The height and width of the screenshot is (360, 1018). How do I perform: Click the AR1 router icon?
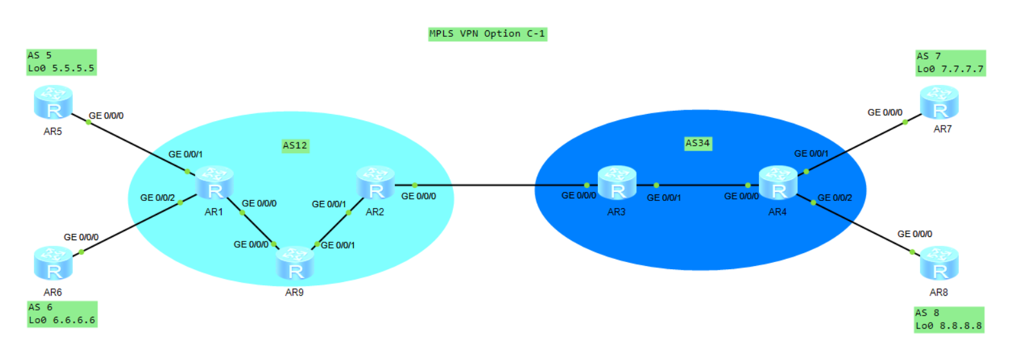215,183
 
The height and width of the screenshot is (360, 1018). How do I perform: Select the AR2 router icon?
376,183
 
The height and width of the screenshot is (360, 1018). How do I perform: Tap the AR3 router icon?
617,183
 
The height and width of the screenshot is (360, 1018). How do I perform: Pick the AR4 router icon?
778,183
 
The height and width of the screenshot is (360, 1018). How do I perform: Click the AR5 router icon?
53,102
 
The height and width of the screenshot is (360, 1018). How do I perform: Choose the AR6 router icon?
53,263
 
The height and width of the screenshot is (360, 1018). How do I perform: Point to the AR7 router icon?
939,102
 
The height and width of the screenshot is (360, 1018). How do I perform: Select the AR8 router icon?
939,263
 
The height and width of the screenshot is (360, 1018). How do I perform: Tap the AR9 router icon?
295,263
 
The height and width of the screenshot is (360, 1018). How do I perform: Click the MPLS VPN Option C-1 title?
488,34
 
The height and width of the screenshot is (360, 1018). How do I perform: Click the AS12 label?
295,146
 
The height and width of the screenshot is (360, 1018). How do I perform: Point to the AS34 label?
698,144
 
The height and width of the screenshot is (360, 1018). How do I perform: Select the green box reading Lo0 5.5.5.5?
61,62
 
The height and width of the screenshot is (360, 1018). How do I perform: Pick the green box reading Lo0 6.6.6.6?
62,314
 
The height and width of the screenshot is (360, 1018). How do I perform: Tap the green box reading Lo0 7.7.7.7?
951,63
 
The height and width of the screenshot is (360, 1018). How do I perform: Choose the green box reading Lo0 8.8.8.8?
949,320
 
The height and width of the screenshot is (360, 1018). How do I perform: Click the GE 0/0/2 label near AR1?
157,198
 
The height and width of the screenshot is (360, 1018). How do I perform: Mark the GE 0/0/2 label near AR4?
835,198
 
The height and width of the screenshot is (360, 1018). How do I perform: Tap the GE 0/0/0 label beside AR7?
885,113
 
